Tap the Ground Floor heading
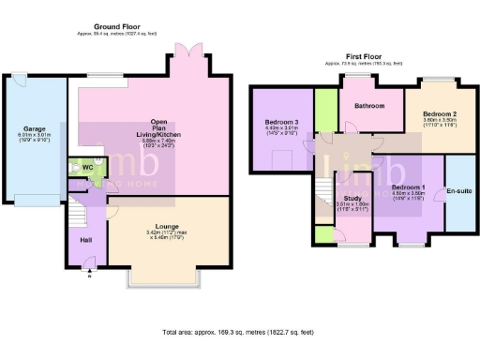(118, 27)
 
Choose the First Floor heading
(362, 56)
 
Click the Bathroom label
(369, 106)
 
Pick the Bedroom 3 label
(281, 123)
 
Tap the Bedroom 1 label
(410, 187)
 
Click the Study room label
(352, 198)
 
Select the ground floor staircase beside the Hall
(78, 218)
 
